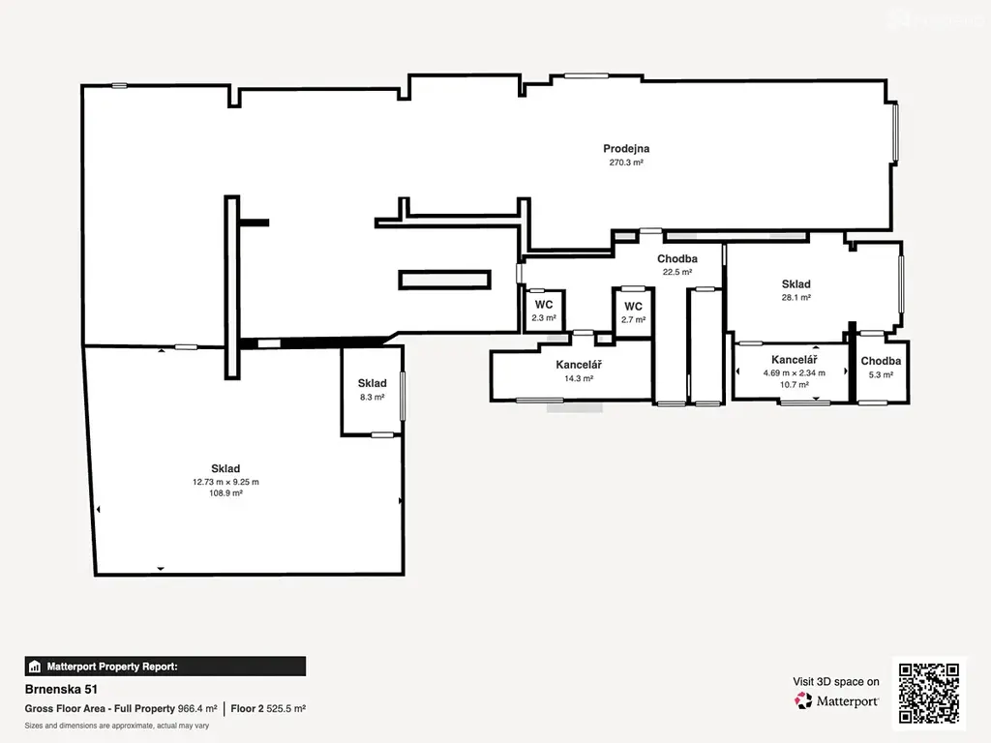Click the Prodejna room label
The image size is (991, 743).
(x=626, y=148)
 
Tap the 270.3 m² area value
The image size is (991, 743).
(x=626, y=163)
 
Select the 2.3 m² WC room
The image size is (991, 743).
(x=544, y=311)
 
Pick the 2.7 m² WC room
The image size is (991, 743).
(x=633, y=312)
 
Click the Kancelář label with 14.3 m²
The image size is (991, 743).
(x=579, y=365)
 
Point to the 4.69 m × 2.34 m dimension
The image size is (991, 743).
(x=794, y=372)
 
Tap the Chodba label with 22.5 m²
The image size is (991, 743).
(x=676, y=258)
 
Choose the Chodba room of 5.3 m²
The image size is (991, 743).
(x=881, y=370)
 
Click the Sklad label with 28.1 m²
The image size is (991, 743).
(x=796, y=283)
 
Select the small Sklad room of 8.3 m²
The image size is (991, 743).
(x=372, y=391)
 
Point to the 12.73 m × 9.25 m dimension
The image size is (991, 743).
(x=225, y=482)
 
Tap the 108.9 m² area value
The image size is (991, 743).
(x=225, y=492)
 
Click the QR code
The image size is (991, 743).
(x=929, y=693)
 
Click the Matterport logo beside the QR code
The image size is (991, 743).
(x=837, y=700)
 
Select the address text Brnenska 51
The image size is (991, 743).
(x=61, y=689)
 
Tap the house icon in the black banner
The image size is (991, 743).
(x=35, y=667)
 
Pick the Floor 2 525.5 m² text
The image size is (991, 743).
(x=268, y=709)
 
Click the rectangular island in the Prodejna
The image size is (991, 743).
(x=445, y=280)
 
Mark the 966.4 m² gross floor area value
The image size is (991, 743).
(x=197, y=709)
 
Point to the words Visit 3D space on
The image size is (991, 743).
(x=836, y=682)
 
